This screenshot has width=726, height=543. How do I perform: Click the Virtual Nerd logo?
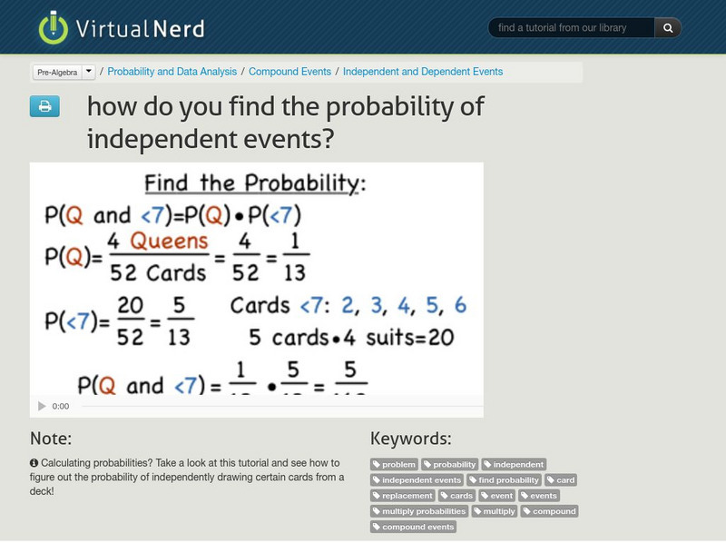pos(122,28)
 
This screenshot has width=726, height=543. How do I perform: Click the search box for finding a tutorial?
pos(570,28)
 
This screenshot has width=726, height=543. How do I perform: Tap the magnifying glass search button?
pos(668,28)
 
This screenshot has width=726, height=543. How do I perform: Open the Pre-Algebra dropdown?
pos(64,72)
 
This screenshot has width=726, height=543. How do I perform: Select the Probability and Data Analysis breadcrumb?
pos(172,72)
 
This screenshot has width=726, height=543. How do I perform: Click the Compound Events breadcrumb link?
pos(290,72)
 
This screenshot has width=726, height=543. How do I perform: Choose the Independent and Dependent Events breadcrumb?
pos(423,72)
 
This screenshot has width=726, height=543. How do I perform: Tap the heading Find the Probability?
pos(255,183)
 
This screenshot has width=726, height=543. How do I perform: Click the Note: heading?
pos(51,439)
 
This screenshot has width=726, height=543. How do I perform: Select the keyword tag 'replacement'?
pos(403,496)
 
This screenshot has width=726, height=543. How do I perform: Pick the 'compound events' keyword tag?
pos(413,527)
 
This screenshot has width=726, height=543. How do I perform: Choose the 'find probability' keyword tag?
pos(504,479)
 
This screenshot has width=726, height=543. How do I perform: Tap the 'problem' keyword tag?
pos(395,464)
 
